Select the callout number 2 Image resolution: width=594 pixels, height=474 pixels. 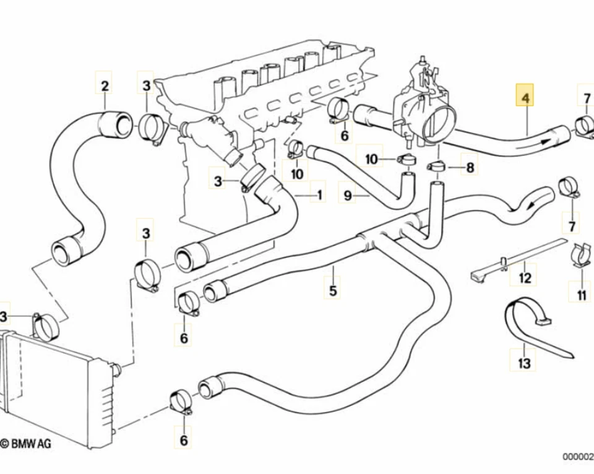pyautogui.click(x=105, y=85)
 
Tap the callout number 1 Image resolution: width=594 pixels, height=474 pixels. pyautogui.click(x=319, y=196)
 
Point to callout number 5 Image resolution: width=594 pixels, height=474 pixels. pyautogui.click(x=333, y=290)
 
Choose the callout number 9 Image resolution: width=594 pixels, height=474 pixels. pyautogui.click(x=348, y=196)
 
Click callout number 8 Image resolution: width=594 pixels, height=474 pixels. pyautogui.click(x=470, y=166)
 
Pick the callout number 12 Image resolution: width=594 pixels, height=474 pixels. pyautogui.click(x=525, y=277)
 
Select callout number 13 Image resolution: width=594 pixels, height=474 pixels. pyautogui.click(x=524, y=364)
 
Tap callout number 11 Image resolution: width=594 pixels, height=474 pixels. pyautogui.click(x=580, y=296)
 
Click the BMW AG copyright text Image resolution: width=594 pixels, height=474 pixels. pyautogui.click(x=25, y=443)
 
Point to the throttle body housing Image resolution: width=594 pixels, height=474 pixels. pyautogui.click(x=426, y=102)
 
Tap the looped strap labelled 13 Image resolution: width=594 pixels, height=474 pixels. pyautogui.click(x=526, y=325)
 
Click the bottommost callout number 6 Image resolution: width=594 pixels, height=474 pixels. pyautogui.click(x=183, y=440)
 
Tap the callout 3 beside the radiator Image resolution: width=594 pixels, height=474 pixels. pyautogui.click(x=4, y=317)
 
